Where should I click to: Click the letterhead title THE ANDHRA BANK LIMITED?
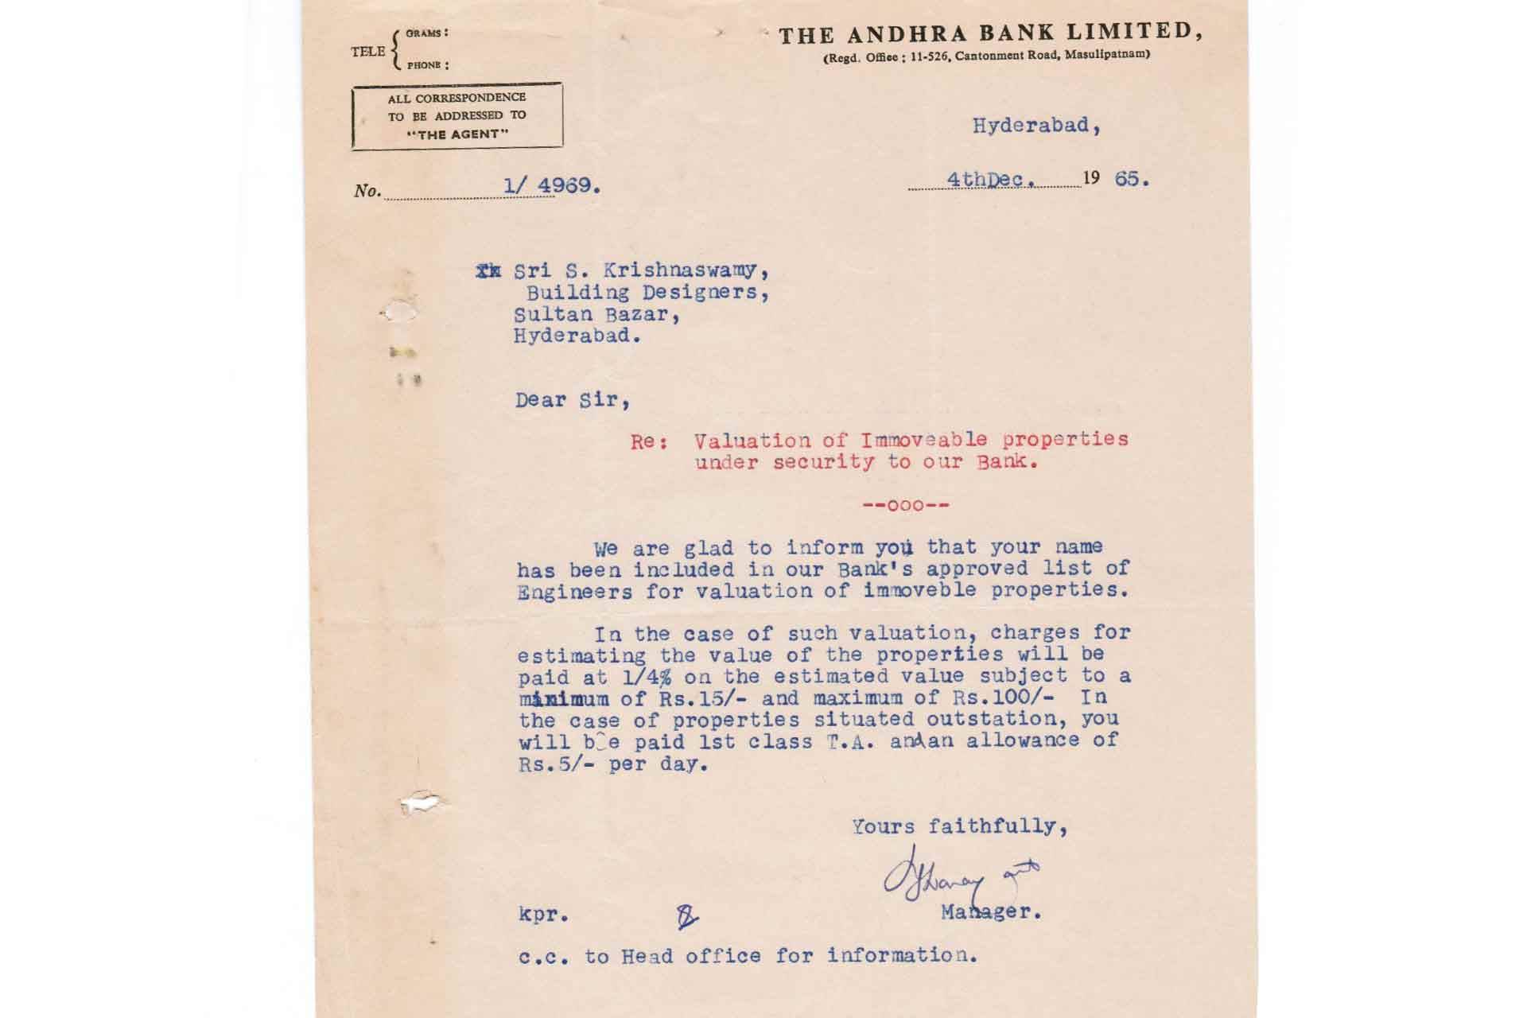pyautogui.click(x=989, y=34)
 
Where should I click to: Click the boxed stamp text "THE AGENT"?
pyautogui.click(x=457, y=134)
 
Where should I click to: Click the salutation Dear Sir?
pyautogui.click(x=572, y=400)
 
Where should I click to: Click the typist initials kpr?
pyautogui.click(x=543, y=915)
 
